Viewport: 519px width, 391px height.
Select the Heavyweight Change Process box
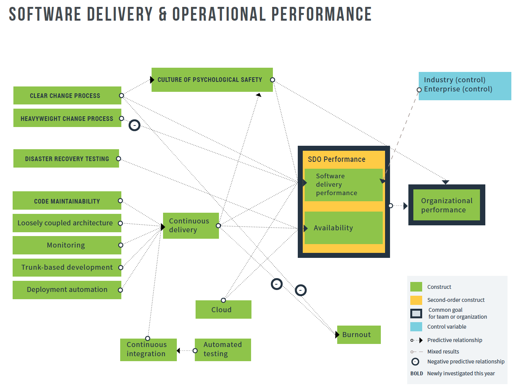pos(67,118)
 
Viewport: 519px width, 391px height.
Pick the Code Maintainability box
pos(67,201)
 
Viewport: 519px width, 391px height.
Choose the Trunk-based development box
pos(67,267)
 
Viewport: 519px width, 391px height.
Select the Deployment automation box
pos(67,290)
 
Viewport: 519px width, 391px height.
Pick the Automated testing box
pos(223,350)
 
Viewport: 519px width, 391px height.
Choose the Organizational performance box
pos(446,205)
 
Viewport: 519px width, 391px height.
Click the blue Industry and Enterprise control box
pos(465,86)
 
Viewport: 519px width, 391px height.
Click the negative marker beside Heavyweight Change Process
pos(134,125)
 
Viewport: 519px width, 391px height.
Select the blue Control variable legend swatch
pos(416,327)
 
